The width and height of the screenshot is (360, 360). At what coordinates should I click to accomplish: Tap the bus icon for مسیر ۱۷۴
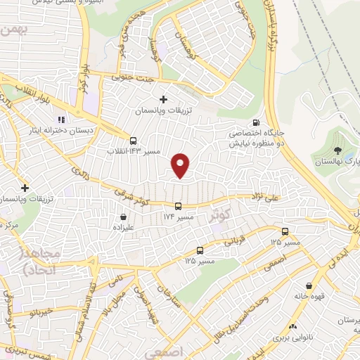pyautogui.click(x=178, y=206)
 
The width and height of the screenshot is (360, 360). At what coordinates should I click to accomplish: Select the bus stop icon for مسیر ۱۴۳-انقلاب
pyautogui.click(x=134, y=140)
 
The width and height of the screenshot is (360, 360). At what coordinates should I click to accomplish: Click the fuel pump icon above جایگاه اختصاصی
pyautogui.click(x=264, y=120)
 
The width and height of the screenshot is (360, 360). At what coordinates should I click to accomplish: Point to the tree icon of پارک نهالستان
pyautogui.click(x=339, y=150)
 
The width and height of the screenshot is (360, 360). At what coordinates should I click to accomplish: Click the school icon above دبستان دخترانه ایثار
pyautogui.click(x=62, y=119)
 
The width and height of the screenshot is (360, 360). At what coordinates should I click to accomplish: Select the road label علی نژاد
pyautogui.click(x=264, y=198)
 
